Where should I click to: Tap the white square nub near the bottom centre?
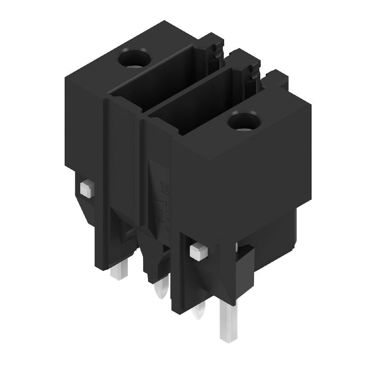tap(197, 251)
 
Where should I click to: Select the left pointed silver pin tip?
tap(158, 292)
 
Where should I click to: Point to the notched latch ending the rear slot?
tap(213, 53)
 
